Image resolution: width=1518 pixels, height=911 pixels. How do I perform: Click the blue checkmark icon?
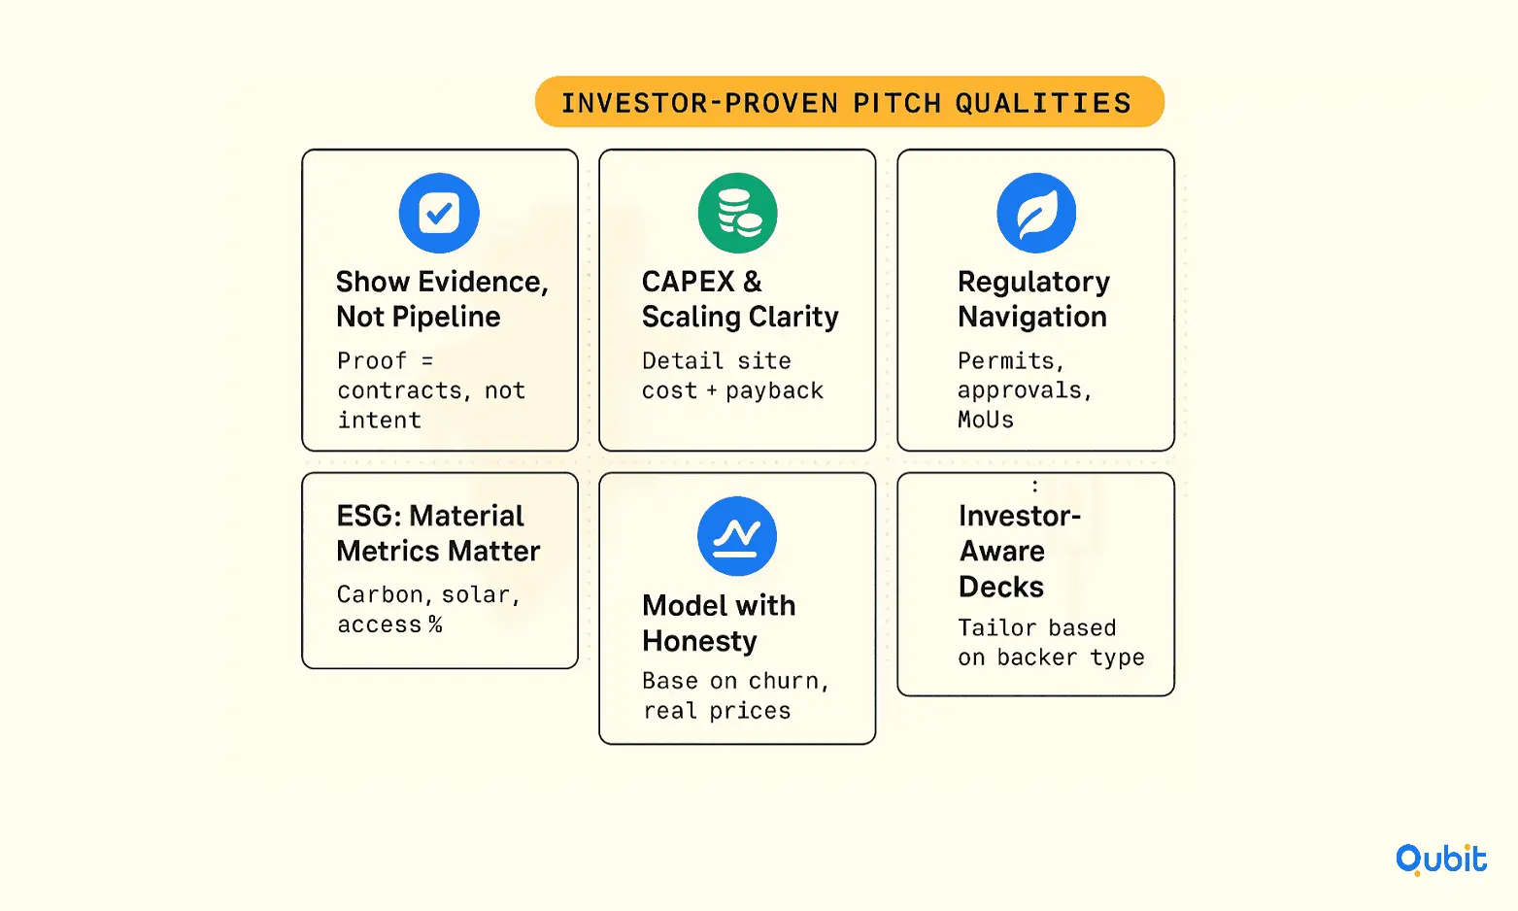(x=439, y=213)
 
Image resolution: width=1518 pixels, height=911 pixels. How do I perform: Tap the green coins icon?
(x=737, y=213)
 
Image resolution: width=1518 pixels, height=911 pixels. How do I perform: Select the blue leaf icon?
(x=1036, y=213)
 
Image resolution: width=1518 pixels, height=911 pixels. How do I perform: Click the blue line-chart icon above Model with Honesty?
(x=737, y=536)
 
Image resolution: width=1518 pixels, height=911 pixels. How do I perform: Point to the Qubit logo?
(x=1440, y=860)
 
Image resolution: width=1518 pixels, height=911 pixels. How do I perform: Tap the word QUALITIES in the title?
(x=1044, y=103)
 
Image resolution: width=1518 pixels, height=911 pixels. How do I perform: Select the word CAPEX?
(x=688, y=282)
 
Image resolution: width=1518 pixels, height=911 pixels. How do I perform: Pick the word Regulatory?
(x=1033, y=282)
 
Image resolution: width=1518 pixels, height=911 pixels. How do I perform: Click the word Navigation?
(x=1032, y=318)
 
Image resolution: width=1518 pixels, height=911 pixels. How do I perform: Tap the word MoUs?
(x=986, y=421)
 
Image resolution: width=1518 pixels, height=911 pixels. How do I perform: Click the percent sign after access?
(x=435, y=624)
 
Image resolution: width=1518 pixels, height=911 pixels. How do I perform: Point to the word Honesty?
(x=699, y=641)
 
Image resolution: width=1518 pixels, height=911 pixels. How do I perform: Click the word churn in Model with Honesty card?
(x=784, y=681)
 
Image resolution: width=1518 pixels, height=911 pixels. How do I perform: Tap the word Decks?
(x=1001, y=587)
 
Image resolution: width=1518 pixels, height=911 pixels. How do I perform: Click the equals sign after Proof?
(x=427, y=360)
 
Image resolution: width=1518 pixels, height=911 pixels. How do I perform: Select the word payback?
(x=775, y=391)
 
